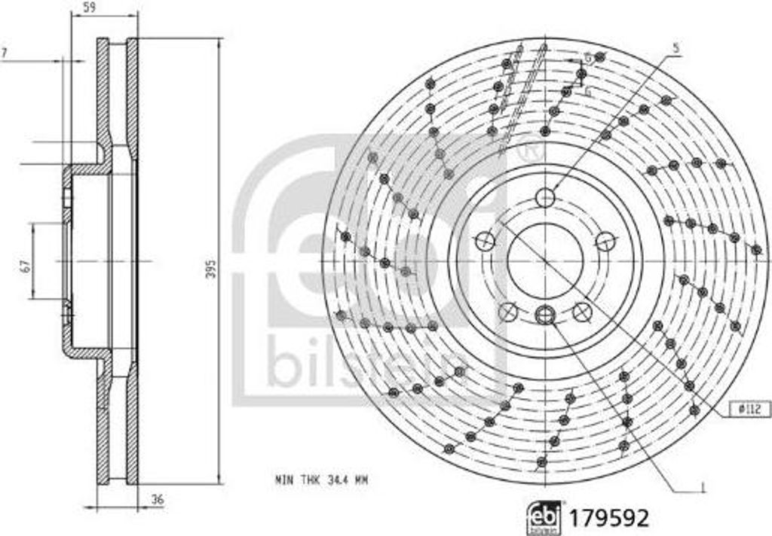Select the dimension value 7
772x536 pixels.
click(5, 53)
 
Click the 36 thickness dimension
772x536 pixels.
click(156, 499)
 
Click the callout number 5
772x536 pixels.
click(676, 49)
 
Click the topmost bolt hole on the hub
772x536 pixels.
click(545, 198)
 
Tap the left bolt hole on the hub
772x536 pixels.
click(485, 242)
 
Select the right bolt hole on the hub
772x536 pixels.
click(605, 242)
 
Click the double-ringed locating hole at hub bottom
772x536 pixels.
click(545, 315)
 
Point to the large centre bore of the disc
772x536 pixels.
click(544, 260)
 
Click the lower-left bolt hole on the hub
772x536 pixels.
click(509, 311)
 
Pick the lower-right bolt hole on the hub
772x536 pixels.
click(581, 311)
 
